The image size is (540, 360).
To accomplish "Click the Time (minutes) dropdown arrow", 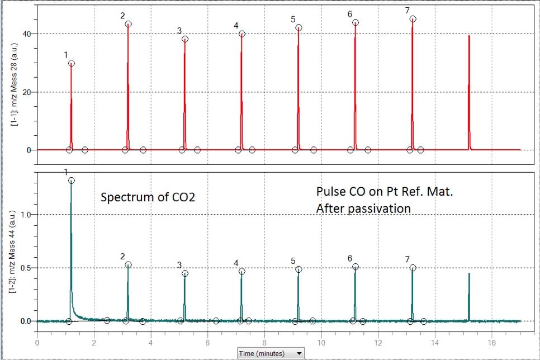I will point(300,353).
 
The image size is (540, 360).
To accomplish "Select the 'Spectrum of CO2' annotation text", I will point(148,197).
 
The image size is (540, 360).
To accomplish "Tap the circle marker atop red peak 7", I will point(413,19).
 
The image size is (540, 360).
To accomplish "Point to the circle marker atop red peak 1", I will point(72,63).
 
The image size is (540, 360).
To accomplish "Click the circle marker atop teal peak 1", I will point(71,181).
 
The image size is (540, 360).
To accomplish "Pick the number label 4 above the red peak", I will point(236,26).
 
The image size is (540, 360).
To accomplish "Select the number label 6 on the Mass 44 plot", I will point(349,258).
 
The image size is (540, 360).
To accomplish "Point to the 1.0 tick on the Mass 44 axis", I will point(26,215).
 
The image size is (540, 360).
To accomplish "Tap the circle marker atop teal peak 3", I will point(185,273).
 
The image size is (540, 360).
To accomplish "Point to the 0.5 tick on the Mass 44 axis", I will point(26,268).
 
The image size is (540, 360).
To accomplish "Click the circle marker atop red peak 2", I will point(129,24).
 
